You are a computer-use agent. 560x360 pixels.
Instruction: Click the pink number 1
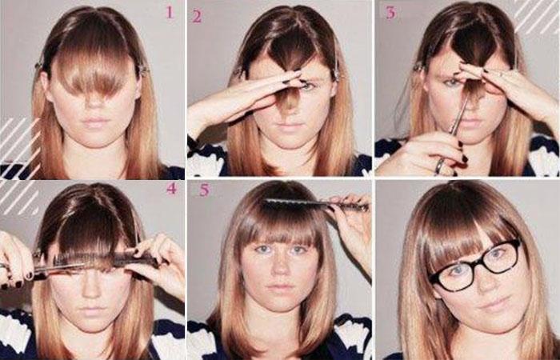point(170,12)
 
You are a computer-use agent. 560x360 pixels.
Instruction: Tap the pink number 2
point(197,17)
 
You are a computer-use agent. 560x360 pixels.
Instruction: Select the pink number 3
point(391,13)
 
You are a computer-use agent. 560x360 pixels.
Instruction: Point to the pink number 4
point(172,188)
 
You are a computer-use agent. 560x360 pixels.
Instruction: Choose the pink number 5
point(204,190)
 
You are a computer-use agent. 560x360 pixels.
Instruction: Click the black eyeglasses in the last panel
point(475,265)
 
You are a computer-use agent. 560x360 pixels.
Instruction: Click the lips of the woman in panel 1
point(94,122)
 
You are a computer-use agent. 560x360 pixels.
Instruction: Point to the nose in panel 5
point(280,266)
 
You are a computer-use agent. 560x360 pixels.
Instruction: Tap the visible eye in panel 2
point(307,86)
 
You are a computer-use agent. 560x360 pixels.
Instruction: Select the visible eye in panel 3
point(453,83)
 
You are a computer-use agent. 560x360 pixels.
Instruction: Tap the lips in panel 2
point(286,126)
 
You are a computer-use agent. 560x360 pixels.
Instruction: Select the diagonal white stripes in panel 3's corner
point(536,16)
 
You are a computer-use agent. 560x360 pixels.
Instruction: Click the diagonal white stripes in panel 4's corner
point(18,198)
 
